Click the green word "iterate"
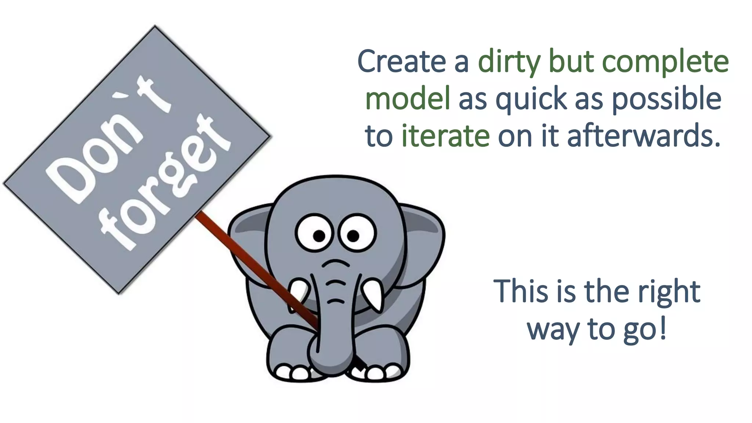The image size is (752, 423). [x=445, y=136]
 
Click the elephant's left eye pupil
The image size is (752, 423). [x=319, y=236]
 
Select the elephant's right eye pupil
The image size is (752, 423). [x=353, y=236]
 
